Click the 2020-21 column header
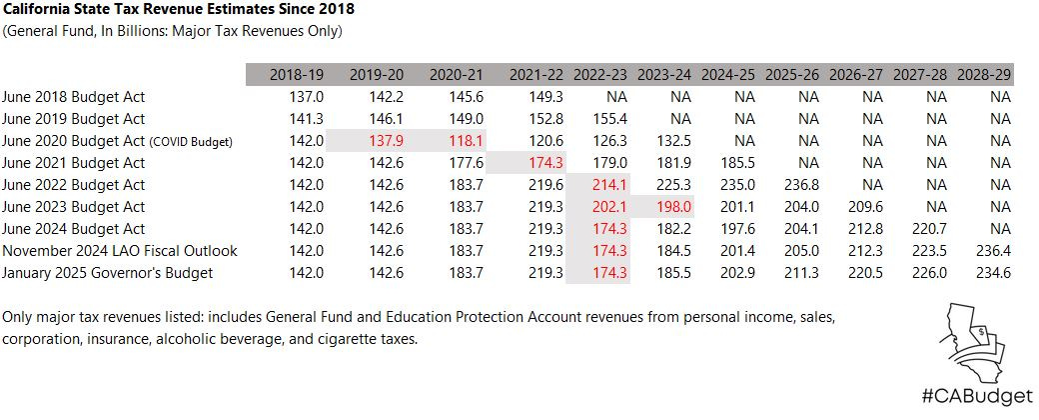click(x=457, y=75)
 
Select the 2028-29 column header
click(x=984, y=75)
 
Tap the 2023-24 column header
click(x=664, y=75)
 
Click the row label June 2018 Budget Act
click(x=74, y=97)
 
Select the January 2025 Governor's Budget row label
click(x=108, y=273)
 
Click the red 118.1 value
click(x=465, y=141)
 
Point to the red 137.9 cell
click(x=385, y=141)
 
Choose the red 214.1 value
click(x=606, y=185)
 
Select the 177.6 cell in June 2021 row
click(x=465, y=163)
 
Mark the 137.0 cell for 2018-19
click(x=305, y=97)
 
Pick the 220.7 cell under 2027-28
click(x=929, y=229)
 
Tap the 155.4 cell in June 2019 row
click(x=606, y=119)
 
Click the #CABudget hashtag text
click(x=965, y=396)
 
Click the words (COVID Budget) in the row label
click(x=191, y=142)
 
